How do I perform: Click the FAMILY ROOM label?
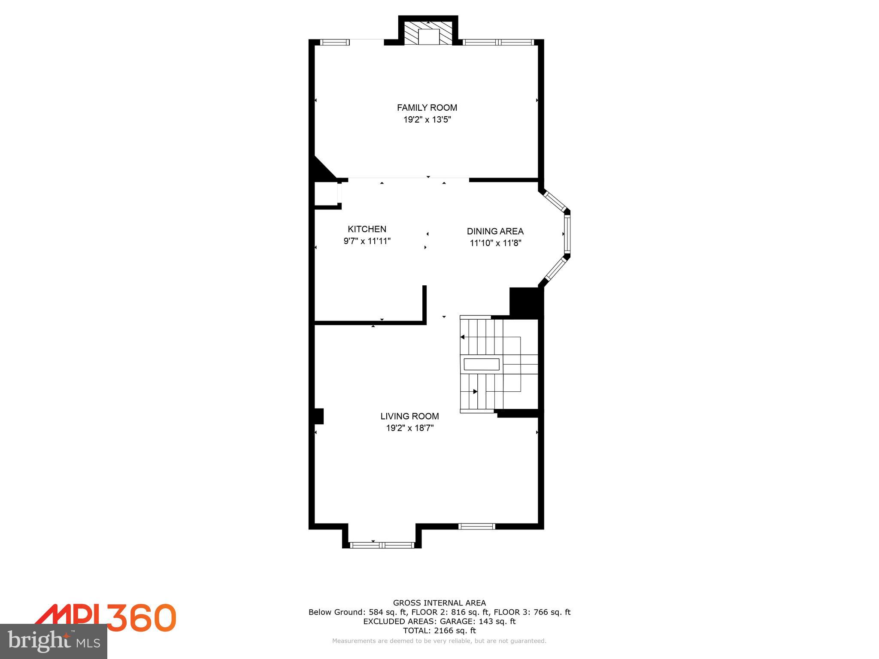click(x=427, y=108)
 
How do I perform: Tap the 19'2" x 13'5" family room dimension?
click(x=427, y=120)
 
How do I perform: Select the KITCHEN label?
click(x=367, y=229)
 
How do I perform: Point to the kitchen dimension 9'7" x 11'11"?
click(x=367, y=241)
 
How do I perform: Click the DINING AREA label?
click(x=495, y=231)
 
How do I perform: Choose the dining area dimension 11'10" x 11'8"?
click(x=495, y=243)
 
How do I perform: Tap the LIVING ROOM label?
click(x=409, y=416)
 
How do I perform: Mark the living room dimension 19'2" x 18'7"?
click(x=409, y=428)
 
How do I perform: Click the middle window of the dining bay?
click(x=567, y=234)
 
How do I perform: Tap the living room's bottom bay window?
click(x=382, y=545)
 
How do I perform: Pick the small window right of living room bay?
click(x=476, y=526)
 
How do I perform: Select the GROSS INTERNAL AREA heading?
click(x=439, y=603)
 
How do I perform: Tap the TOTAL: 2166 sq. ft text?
click(x=439, y=631)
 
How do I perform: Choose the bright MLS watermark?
click(x=54, y=641)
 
